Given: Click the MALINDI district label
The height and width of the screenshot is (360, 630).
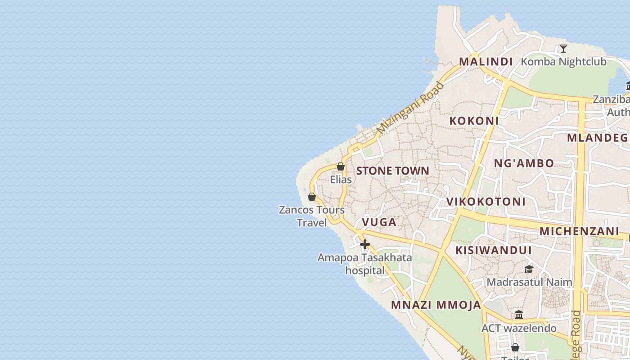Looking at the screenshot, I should pos(486,62).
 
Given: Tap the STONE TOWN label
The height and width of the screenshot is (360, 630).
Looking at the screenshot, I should pos(392,171).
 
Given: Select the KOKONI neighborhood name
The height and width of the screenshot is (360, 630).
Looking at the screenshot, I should pos(474,121).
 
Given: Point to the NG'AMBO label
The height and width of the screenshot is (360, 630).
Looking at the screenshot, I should pos(524,163).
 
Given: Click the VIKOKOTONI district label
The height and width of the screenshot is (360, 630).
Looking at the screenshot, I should pos(486,202).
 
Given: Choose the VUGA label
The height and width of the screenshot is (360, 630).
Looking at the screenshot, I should pos(379,222).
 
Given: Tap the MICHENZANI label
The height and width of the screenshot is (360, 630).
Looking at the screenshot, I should pos(579,231).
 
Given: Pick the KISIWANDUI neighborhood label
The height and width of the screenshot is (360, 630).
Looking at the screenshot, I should pos(494,250).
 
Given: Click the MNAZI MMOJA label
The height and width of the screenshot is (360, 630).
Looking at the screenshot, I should pos(436,305).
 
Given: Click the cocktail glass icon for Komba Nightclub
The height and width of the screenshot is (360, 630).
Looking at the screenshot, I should pos(563,49).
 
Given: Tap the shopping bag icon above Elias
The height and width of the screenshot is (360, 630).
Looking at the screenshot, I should pos(341,166).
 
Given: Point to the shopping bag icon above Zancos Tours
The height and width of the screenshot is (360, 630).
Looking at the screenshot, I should pos(311,197).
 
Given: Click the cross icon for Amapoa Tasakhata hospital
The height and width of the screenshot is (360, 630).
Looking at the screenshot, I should pos(364,244).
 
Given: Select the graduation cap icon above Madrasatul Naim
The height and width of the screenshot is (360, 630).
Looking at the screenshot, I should pos(529,269).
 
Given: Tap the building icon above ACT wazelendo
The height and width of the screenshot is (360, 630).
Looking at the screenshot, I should pos(519,315).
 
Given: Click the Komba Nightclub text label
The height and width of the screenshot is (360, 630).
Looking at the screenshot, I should pos(563,62).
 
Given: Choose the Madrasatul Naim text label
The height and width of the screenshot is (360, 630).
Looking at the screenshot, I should pos(529,282).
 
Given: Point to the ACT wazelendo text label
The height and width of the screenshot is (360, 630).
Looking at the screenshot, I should pos(519,328).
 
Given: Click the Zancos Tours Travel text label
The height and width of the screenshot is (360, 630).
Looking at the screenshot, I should pos(311,216).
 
